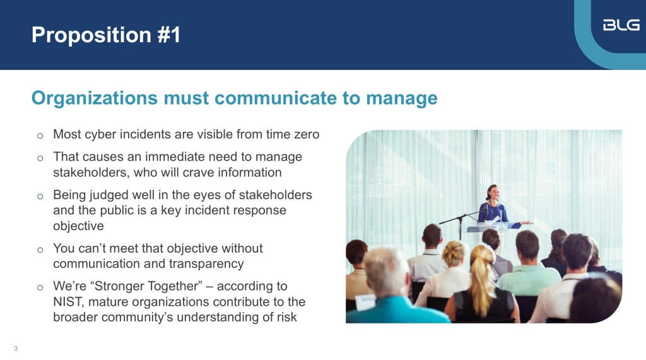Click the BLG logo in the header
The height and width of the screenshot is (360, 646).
pos(621,25)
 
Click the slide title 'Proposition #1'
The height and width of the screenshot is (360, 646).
pos(106,35)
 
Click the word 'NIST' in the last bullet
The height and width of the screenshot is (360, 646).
pos(68,301)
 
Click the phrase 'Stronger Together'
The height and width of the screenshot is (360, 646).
pos(146,286)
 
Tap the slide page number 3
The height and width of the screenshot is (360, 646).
pos(16,349)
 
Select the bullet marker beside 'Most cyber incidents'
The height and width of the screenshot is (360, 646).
pos(40,136)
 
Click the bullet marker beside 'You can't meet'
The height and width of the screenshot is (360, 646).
pos(40,250)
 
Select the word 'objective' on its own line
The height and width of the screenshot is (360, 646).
pos(78,226)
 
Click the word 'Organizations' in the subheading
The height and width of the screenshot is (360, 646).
pos(95,98)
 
